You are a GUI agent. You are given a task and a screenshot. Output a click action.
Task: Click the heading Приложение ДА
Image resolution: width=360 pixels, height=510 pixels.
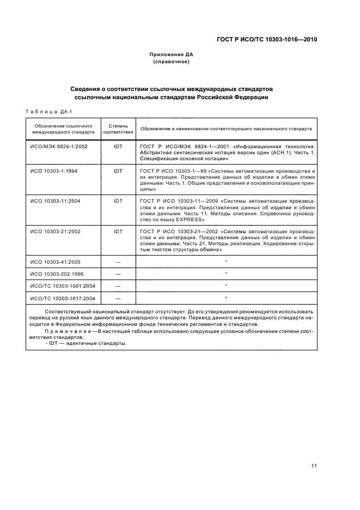tap(171, 54)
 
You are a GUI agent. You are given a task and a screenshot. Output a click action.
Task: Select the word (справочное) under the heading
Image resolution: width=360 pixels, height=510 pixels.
tap(171, 62)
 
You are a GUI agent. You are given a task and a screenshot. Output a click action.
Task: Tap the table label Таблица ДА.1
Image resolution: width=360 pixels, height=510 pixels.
tap(46, 112)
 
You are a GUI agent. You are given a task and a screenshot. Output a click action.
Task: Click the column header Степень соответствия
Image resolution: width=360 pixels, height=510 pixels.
tap(118, 129)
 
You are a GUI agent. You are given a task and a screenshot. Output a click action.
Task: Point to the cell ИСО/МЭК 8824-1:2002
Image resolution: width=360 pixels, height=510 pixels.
tap(59, 146)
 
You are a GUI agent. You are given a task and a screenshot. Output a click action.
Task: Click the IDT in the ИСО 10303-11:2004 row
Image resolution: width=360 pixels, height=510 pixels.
tap(118, 201)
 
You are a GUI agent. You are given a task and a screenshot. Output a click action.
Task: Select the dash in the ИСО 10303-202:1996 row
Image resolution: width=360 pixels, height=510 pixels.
tap(118, 274)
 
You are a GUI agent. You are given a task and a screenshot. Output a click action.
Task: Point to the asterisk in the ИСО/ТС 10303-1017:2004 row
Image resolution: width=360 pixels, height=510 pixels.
tap(225, 297)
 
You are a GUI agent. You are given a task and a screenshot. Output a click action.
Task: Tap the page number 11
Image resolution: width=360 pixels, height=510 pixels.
tap(314, 465)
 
